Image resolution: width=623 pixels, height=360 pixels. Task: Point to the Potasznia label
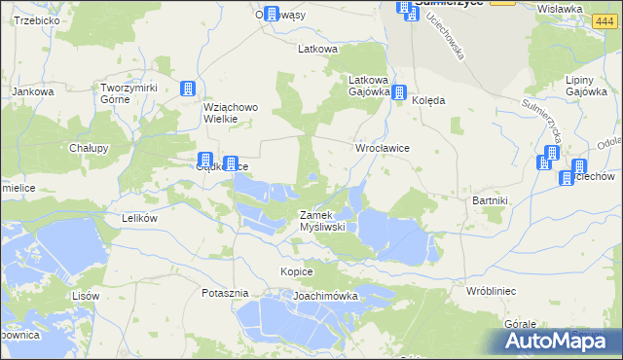coord(226,293)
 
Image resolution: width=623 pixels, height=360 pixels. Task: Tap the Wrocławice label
coord(382,147)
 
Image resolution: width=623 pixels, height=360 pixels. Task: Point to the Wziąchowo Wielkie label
coord(227,113)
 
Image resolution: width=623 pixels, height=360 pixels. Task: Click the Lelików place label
coord(139,219)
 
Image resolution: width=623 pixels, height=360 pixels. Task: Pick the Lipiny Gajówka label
coord(586,87)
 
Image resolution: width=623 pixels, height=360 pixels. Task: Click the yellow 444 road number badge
coord(502,3)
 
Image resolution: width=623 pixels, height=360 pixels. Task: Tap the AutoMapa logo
coord(560,341)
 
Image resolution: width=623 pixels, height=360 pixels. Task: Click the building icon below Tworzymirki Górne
coord(187,90)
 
